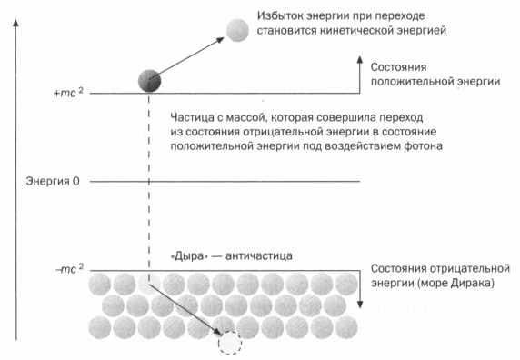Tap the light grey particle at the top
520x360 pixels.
238,30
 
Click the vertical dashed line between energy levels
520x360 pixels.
146,182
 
